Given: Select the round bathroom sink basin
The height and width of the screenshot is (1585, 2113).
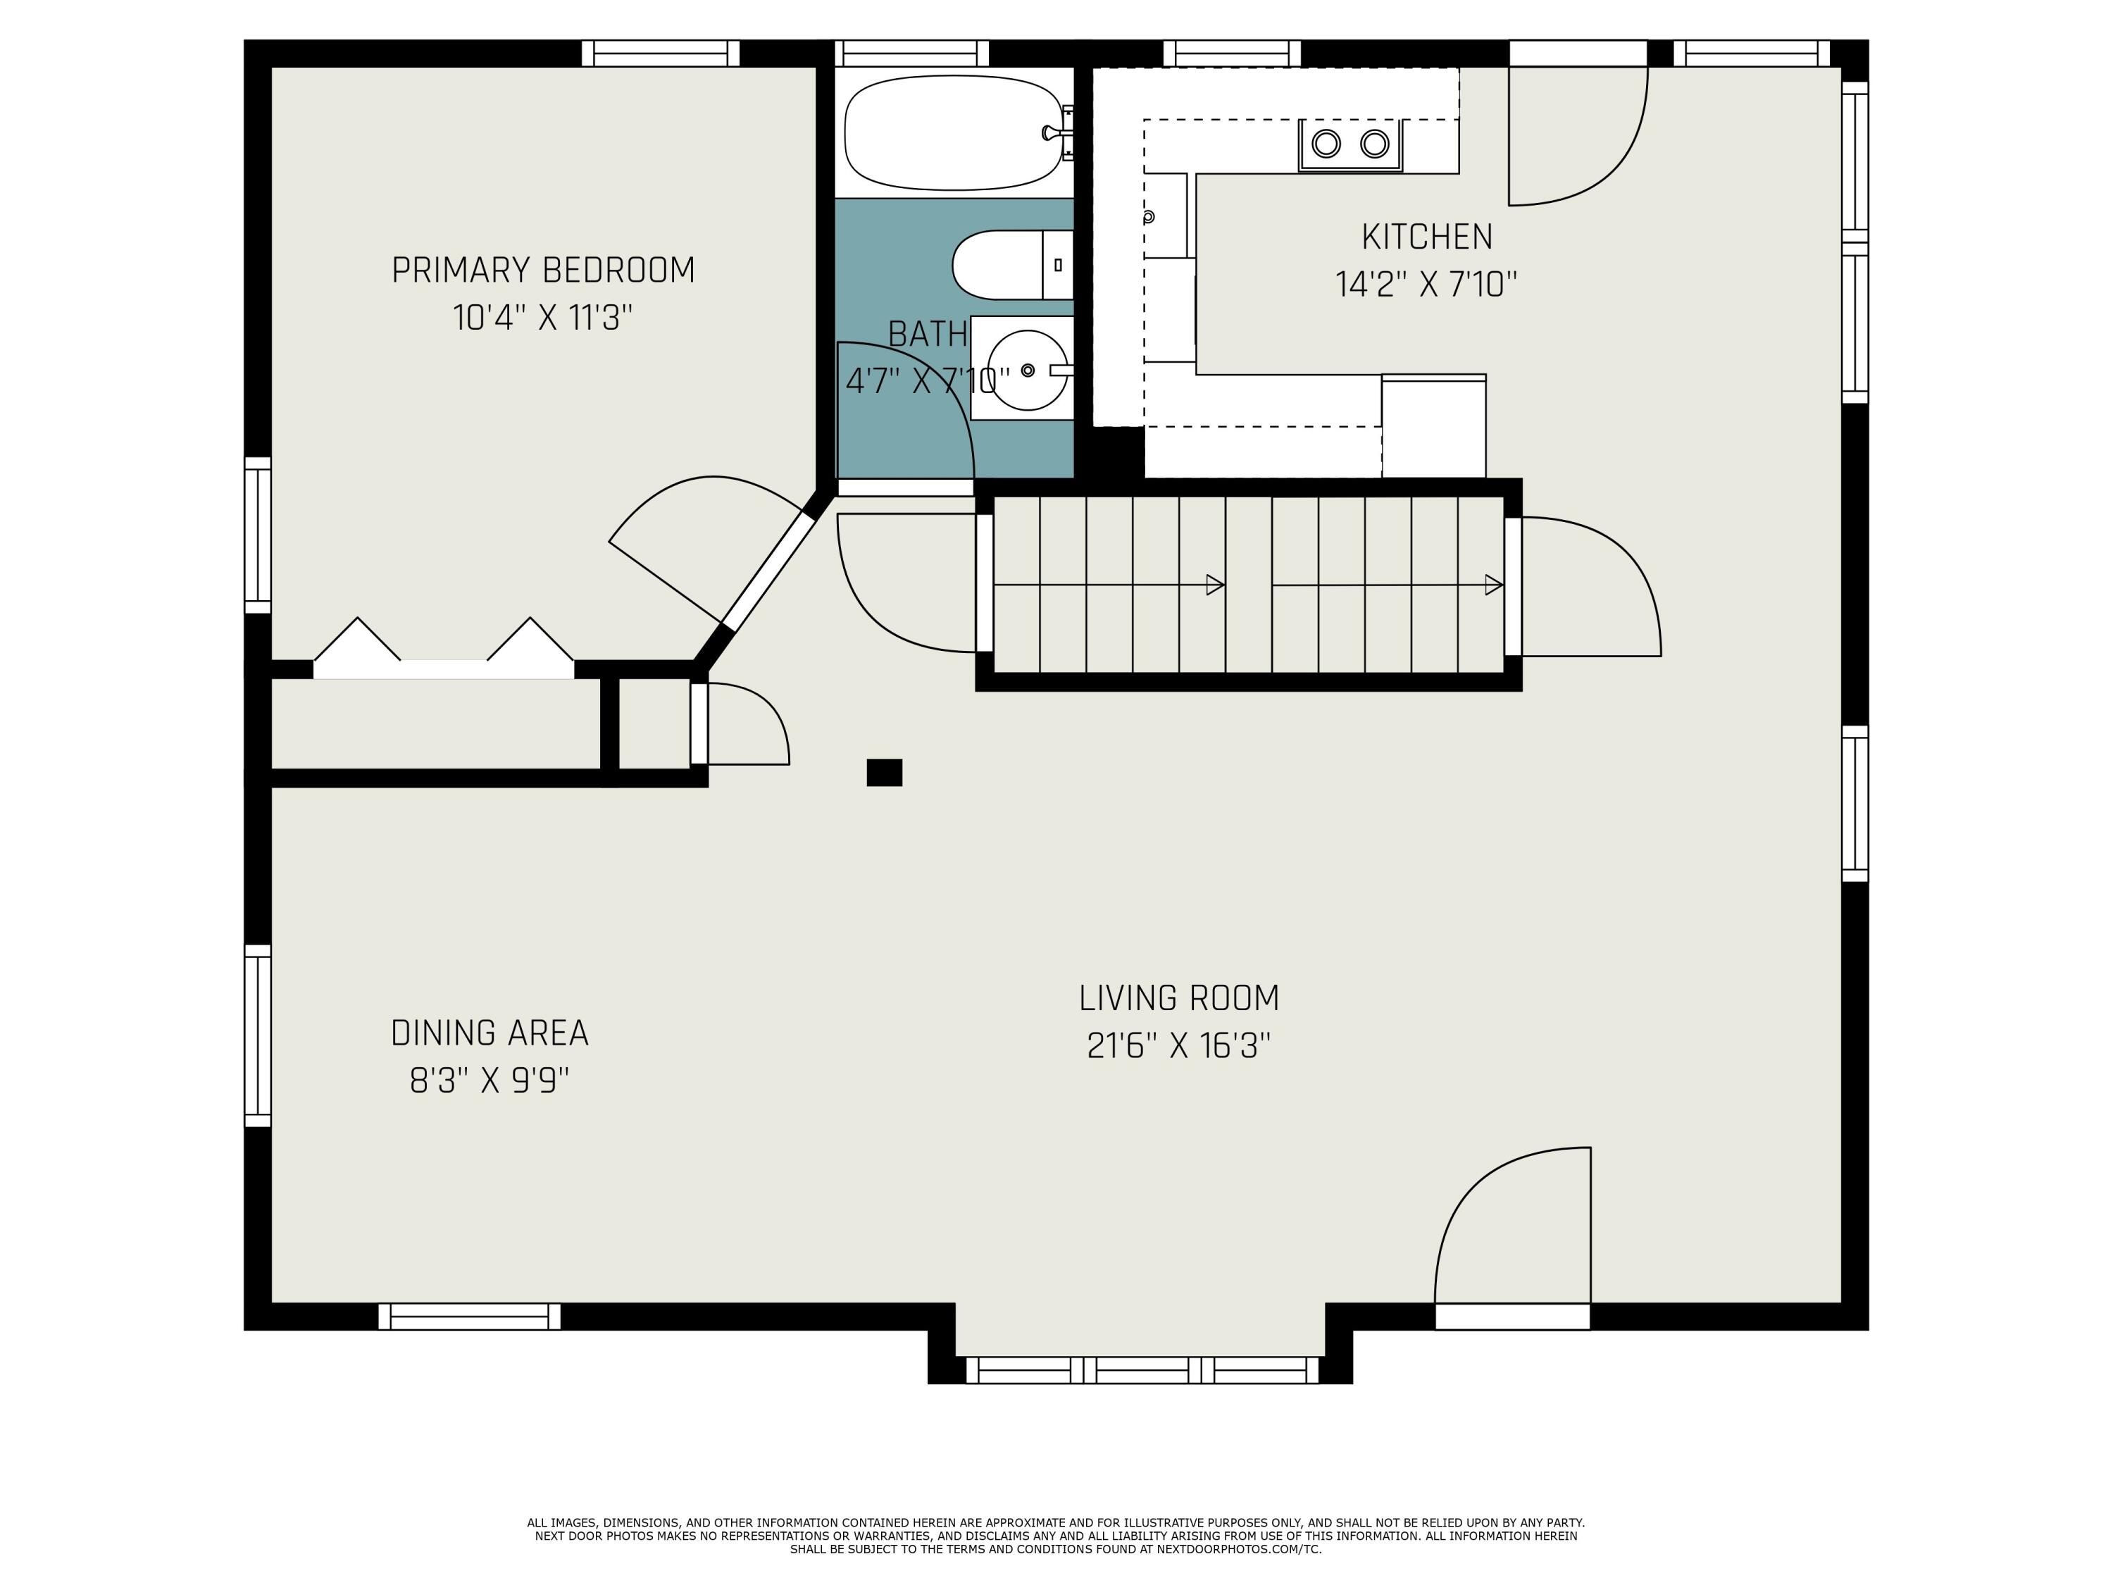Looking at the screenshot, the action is pos(1027,370).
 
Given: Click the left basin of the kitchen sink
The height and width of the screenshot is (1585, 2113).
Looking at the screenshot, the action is pos(1326,143).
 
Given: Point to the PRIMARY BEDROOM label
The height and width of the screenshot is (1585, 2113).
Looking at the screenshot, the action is pos(542,271).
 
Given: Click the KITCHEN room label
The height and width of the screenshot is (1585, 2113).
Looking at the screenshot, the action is pos(1426,236).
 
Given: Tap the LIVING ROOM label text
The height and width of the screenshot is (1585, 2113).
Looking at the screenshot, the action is pos(1179,997).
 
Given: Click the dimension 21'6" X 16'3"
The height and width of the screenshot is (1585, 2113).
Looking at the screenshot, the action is pos(1179,1045).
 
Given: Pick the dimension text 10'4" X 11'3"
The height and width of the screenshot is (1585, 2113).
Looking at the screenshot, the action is pos(542,317).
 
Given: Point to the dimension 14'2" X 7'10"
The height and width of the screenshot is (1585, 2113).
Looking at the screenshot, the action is pos(1426,284).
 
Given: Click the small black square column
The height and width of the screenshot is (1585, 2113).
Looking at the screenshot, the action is pos(884,772).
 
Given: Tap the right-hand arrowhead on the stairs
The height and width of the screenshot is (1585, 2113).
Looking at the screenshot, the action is pos(1494,585).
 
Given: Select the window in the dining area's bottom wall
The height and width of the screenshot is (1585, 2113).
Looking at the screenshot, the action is pos(469,1317).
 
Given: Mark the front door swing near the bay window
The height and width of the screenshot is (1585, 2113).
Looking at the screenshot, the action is pos(1512,1225).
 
